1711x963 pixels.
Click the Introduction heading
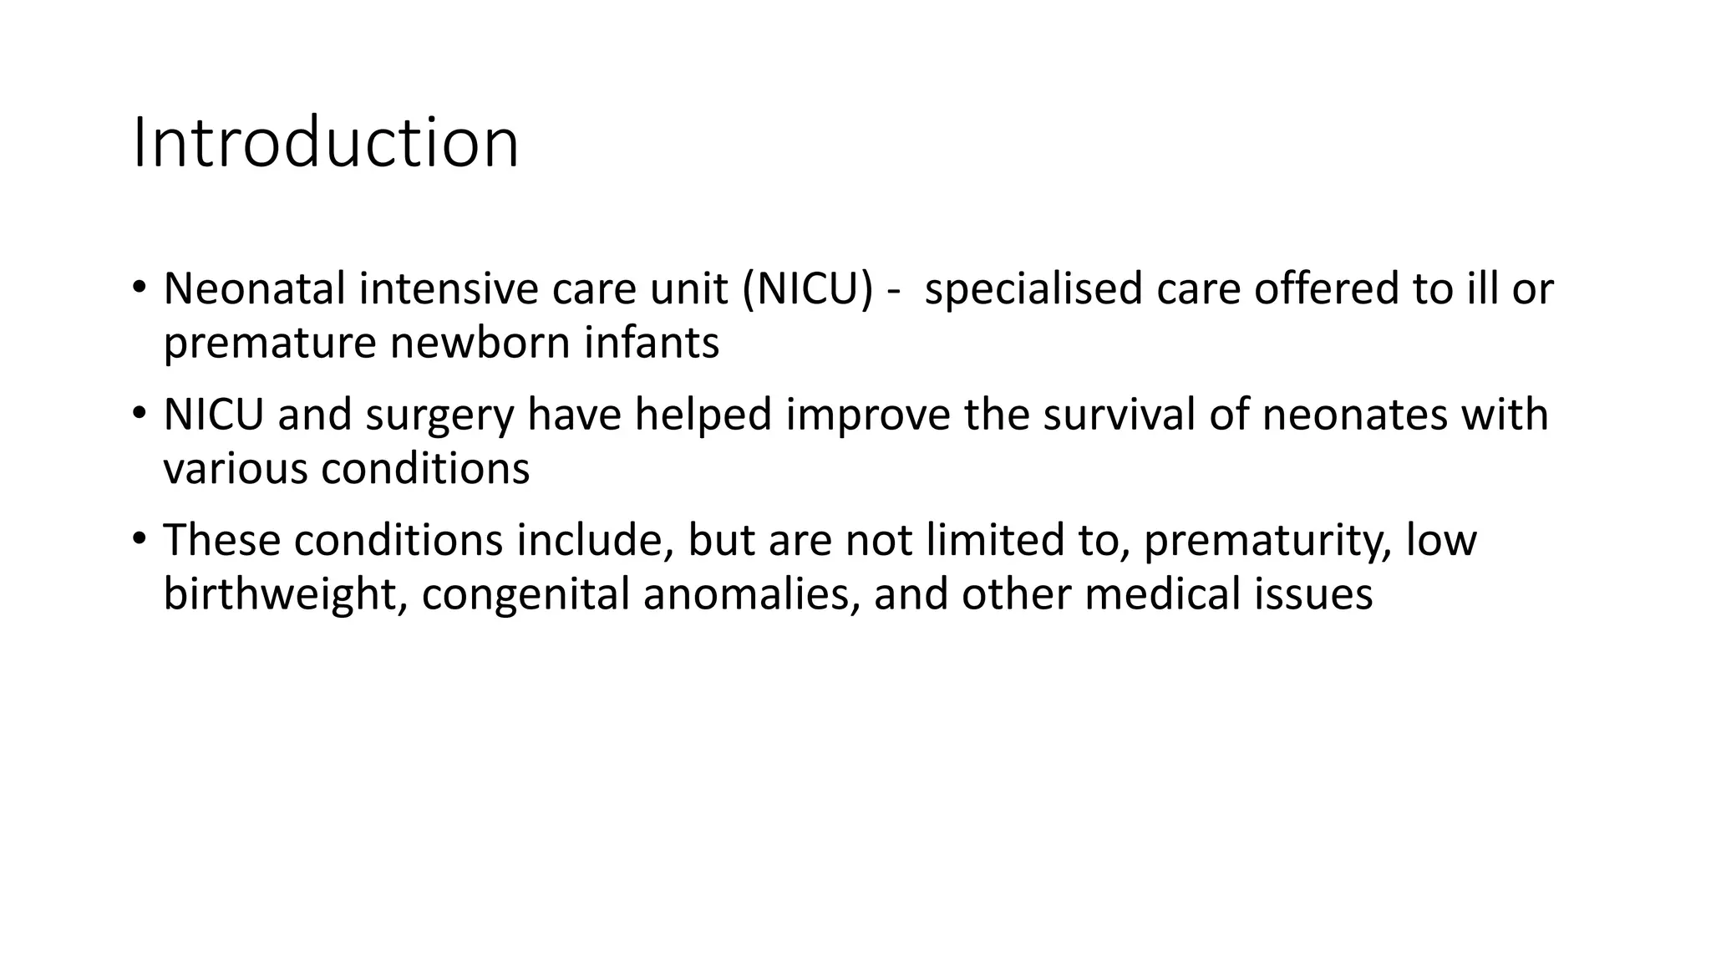pos(326,143)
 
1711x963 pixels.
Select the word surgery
pos(439,415)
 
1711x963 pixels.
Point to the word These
pos(221,540)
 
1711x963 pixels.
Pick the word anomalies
pos(751,594)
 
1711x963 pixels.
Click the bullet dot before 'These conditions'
pos(139,537)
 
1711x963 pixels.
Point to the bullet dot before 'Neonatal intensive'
pos(139,286)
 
